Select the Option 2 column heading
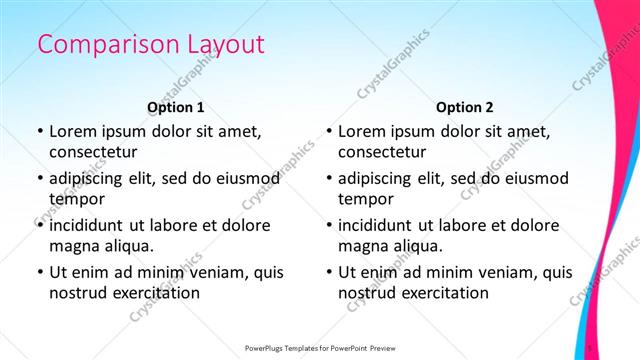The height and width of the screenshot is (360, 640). (x=465, y=107)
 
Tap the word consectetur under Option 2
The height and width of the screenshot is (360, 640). (x=383, y=151)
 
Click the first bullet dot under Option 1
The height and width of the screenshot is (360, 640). (x=39, y=132)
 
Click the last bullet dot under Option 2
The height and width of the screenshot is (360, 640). (x=329, y=273)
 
